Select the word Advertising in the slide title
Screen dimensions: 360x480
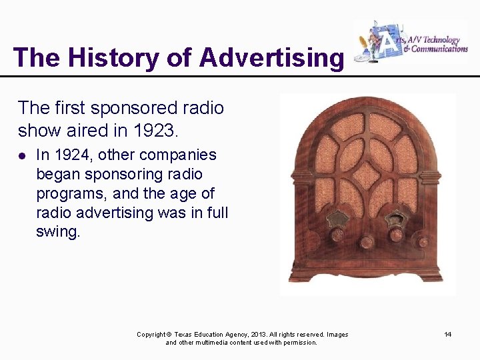pyautogui.click(x=271, y=57)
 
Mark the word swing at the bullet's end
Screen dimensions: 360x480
pyautogui.click(x=58, y=233)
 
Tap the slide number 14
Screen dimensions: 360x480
pyautogui.click(x=448, y=334)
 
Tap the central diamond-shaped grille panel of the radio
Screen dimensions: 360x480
pyautogui.click(x=367, y=175)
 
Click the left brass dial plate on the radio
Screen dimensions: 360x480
pyautogui.click(x=338, y=218)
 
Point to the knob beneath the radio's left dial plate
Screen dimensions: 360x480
pyautogui.click(x=338, y=235)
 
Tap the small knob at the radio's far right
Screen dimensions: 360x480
pyautogui.click(x=423, y=241)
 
